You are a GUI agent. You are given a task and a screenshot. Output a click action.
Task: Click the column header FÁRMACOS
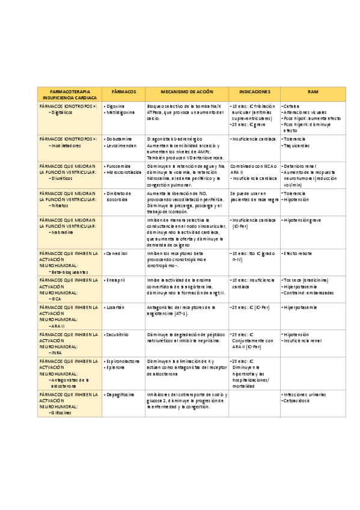point(124,91)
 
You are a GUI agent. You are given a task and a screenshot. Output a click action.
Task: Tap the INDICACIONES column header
point(254,91)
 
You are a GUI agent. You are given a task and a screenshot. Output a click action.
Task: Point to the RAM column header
point(313,91)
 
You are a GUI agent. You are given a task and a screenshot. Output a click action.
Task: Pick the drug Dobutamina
point(119,139)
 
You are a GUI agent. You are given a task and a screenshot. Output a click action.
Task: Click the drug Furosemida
point(119,165)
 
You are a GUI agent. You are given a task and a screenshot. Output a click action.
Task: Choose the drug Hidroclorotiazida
point(124,172)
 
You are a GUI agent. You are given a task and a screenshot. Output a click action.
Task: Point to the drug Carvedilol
point(118,254)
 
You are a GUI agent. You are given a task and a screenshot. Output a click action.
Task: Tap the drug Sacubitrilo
point(118,334)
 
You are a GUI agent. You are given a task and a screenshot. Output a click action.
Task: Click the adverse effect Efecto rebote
point(298,254)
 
